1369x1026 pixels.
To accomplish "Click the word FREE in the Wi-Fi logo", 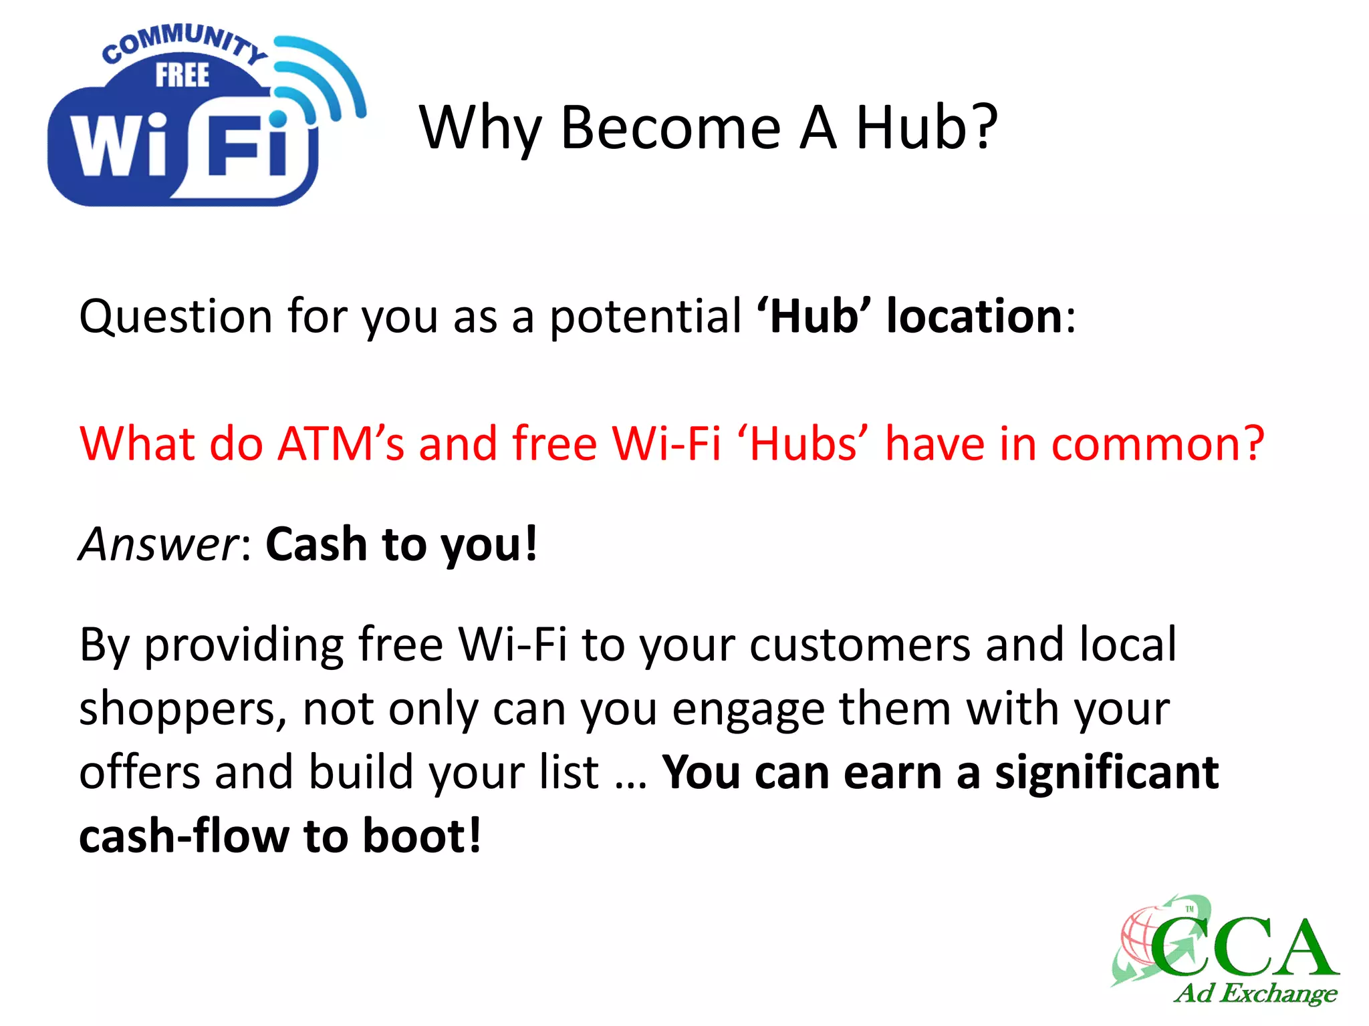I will coord(182,75).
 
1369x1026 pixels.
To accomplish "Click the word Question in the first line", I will coord(176,316).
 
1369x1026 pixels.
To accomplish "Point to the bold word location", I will coord(974,316).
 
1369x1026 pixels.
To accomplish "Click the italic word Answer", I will coord(158,544).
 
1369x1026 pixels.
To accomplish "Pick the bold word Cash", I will coord(316,544).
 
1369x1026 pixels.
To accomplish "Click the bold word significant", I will coord(1106,772).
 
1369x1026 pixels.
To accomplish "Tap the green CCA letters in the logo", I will coord(1243,947).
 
